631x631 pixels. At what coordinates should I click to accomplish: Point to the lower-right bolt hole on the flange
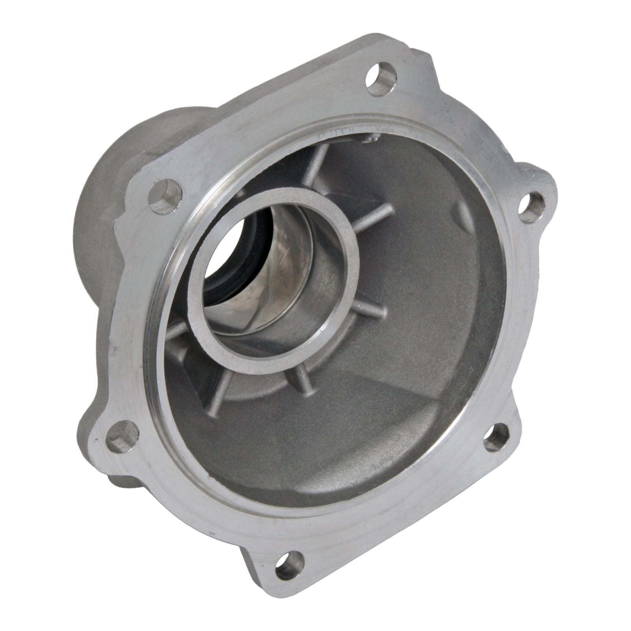pos(496,437)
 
